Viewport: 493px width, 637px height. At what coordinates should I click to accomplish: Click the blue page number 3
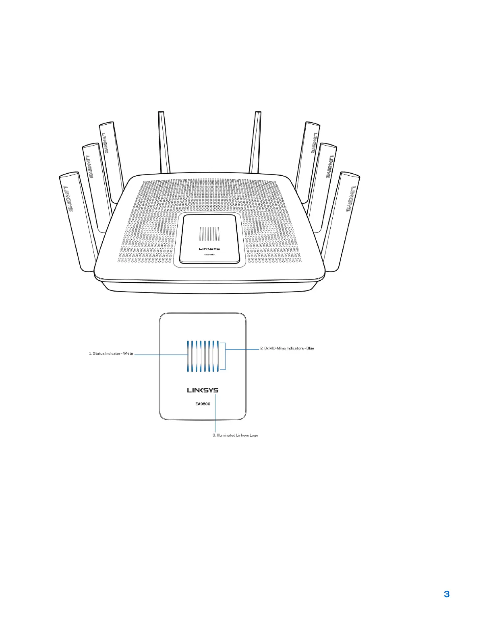tap(446, 594)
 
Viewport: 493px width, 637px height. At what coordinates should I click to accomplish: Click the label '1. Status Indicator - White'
tap(111, 353)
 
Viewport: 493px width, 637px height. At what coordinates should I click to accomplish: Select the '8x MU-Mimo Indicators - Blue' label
tap(287, 348)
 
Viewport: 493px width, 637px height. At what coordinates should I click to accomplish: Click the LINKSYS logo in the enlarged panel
tap(203, 390)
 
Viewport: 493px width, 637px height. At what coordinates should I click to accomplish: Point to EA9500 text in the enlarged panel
tap(203, 403)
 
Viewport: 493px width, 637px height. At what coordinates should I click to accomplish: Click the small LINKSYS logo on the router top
tap(209, 249)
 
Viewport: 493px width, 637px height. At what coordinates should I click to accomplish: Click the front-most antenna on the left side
tap(79, 221)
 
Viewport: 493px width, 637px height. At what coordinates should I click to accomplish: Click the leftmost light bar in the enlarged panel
tap(187, 356)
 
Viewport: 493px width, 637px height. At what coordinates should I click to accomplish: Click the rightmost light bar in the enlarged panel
tap(218, 356)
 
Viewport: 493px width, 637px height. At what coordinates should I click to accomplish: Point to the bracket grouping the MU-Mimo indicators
tap(224, 356)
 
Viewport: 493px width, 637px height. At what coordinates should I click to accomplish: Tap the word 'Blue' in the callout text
tap(310, 348)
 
